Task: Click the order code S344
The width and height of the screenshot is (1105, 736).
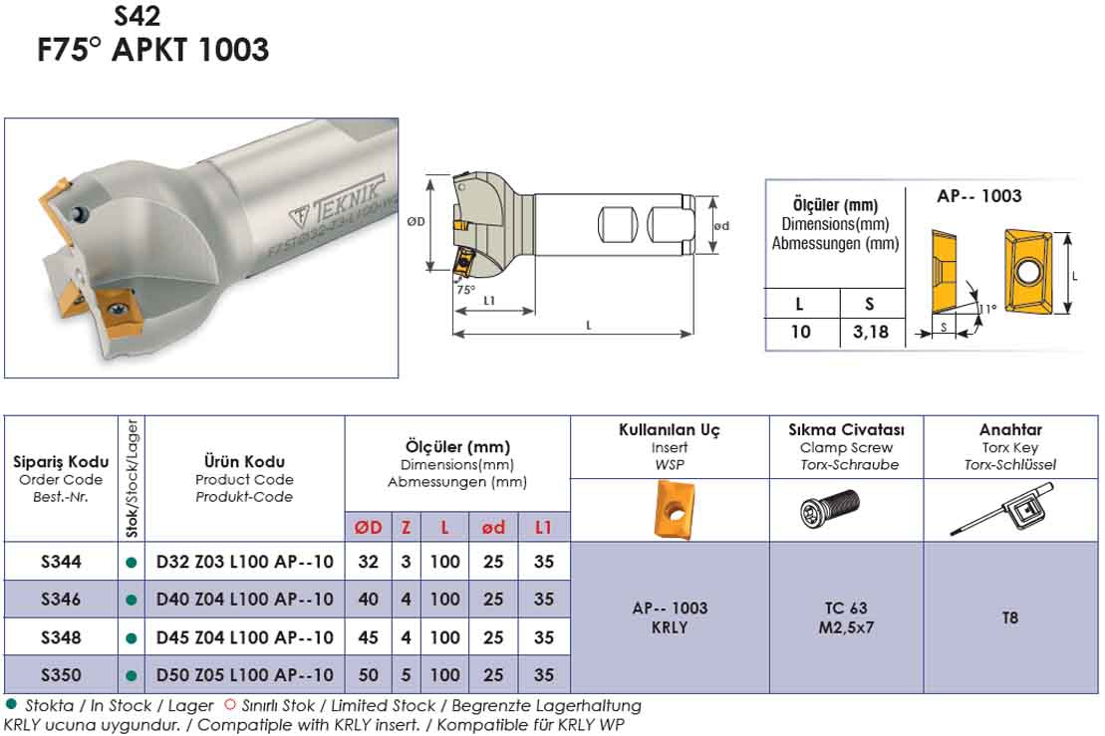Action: tap(61, 562)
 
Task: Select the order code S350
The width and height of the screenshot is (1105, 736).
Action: tap(61, 674)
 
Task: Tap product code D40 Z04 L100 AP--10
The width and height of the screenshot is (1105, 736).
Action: tap(244, 600)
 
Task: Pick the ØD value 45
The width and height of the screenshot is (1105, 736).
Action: tap(368, 637)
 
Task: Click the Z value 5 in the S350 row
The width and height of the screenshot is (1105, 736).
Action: tap(406, 674)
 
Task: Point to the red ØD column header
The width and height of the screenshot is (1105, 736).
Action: tap(368, 527)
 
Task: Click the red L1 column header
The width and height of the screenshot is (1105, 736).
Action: tap(543, 527)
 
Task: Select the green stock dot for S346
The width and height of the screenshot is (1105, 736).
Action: tap(131, 601)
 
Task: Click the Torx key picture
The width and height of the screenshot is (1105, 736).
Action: tap(1002, 509)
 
